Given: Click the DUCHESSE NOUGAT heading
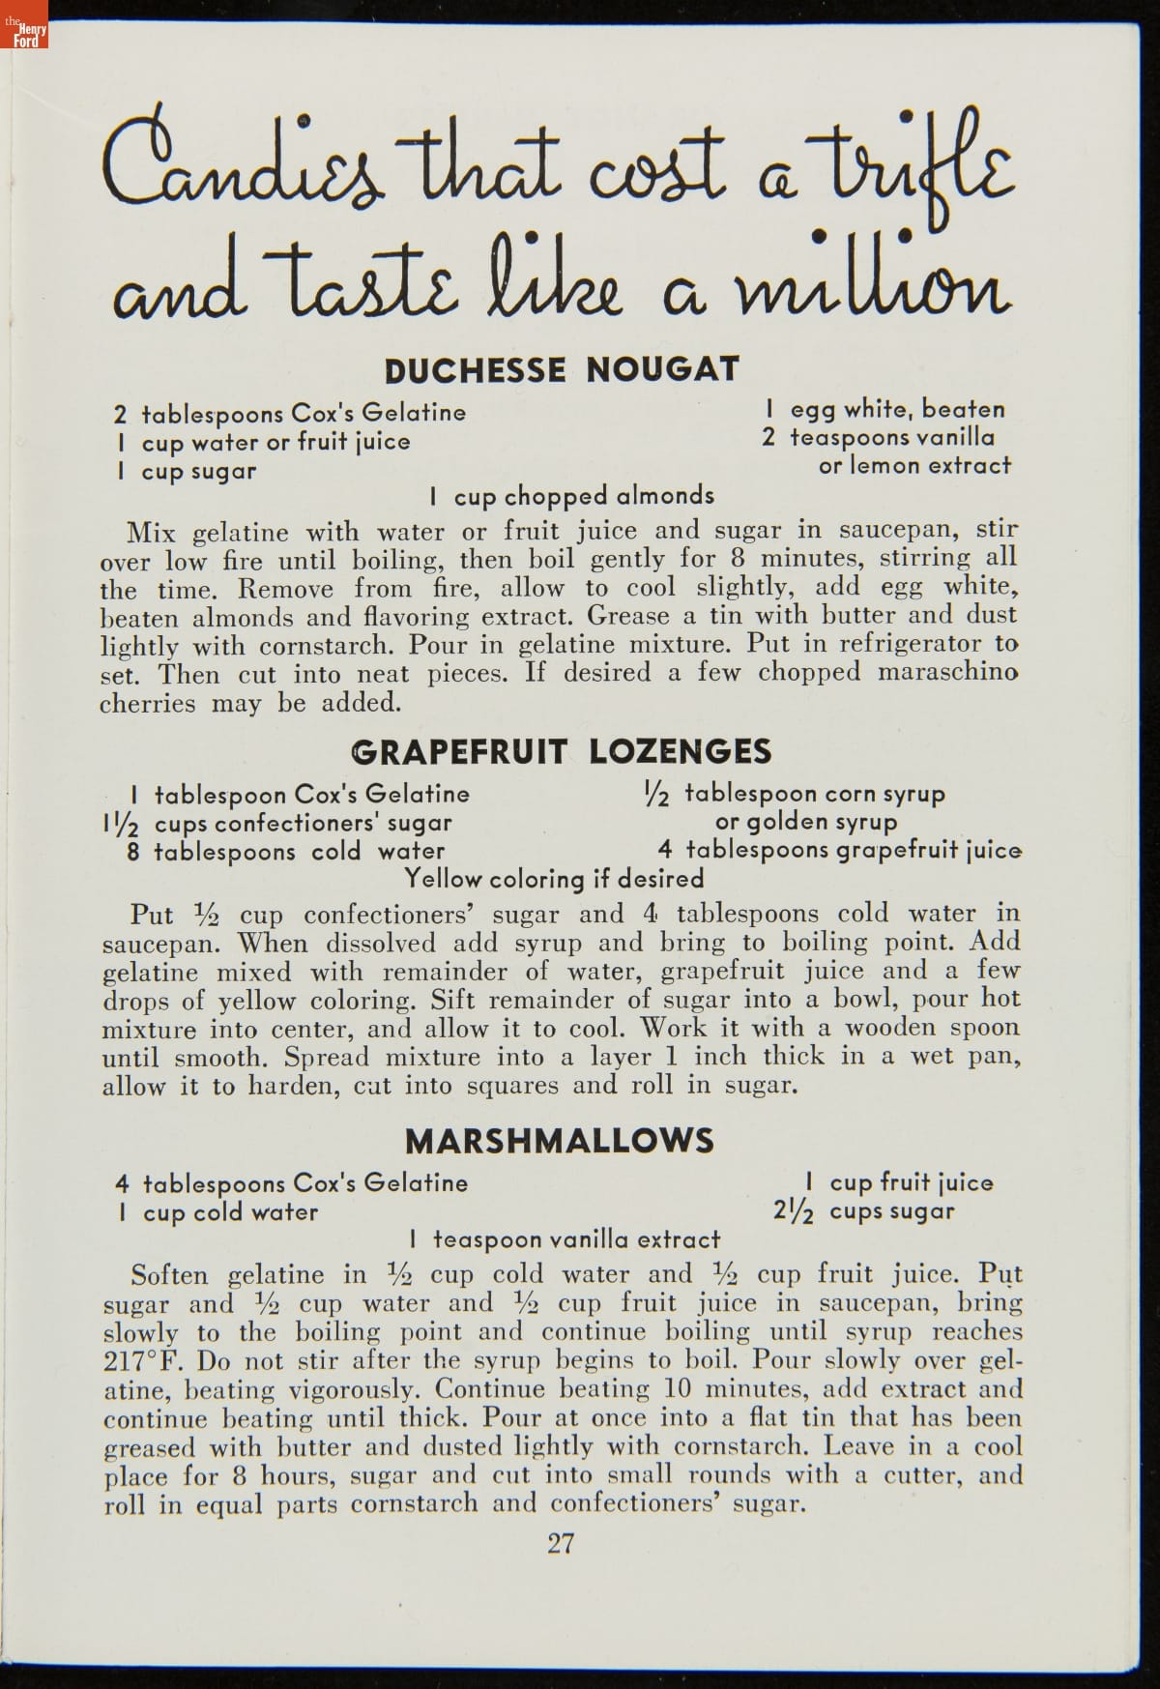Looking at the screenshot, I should click(562, 369).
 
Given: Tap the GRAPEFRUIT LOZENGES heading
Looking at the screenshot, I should click(562, 751).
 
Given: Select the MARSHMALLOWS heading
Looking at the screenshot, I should click(560, 1141).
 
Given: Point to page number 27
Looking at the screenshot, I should click(561, 1543).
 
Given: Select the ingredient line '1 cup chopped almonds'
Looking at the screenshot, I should click(572, 496).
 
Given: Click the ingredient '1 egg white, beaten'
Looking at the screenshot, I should click(884, 409).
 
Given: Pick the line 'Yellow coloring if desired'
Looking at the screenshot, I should click(554, 879).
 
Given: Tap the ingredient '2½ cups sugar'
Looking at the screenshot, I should click(864, 1211).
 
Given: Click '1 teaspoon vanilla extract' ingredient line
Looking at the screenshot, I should click(565, 1239).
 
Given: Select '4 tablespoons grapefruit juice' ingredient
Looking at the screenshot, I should click(839, 851).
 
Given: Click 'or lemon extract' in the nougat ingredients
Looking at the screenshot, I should click(914, 465).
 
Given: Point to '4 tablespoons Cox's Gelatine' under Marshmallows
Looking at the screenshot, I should click(292, 1183).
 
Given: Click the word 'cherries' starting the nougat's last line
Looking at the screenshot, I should click(147, 703).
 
